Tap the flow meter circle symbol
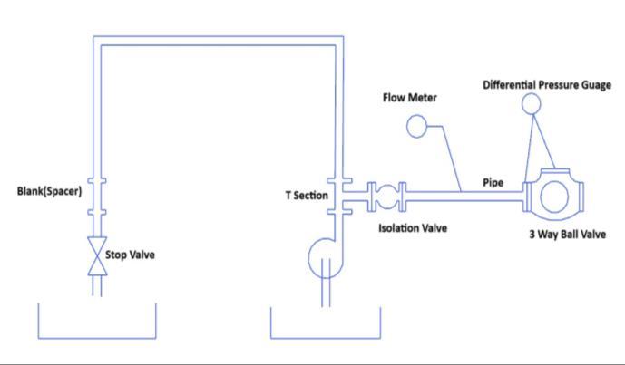[417, 127]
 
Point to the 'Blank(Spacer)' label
[50, 191]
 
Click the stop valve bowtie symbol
[97, 254]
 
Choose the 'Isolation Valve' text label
[413, 227]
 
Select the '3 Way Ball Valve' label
[567, 234]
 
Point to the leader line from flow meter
[454, 154]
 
